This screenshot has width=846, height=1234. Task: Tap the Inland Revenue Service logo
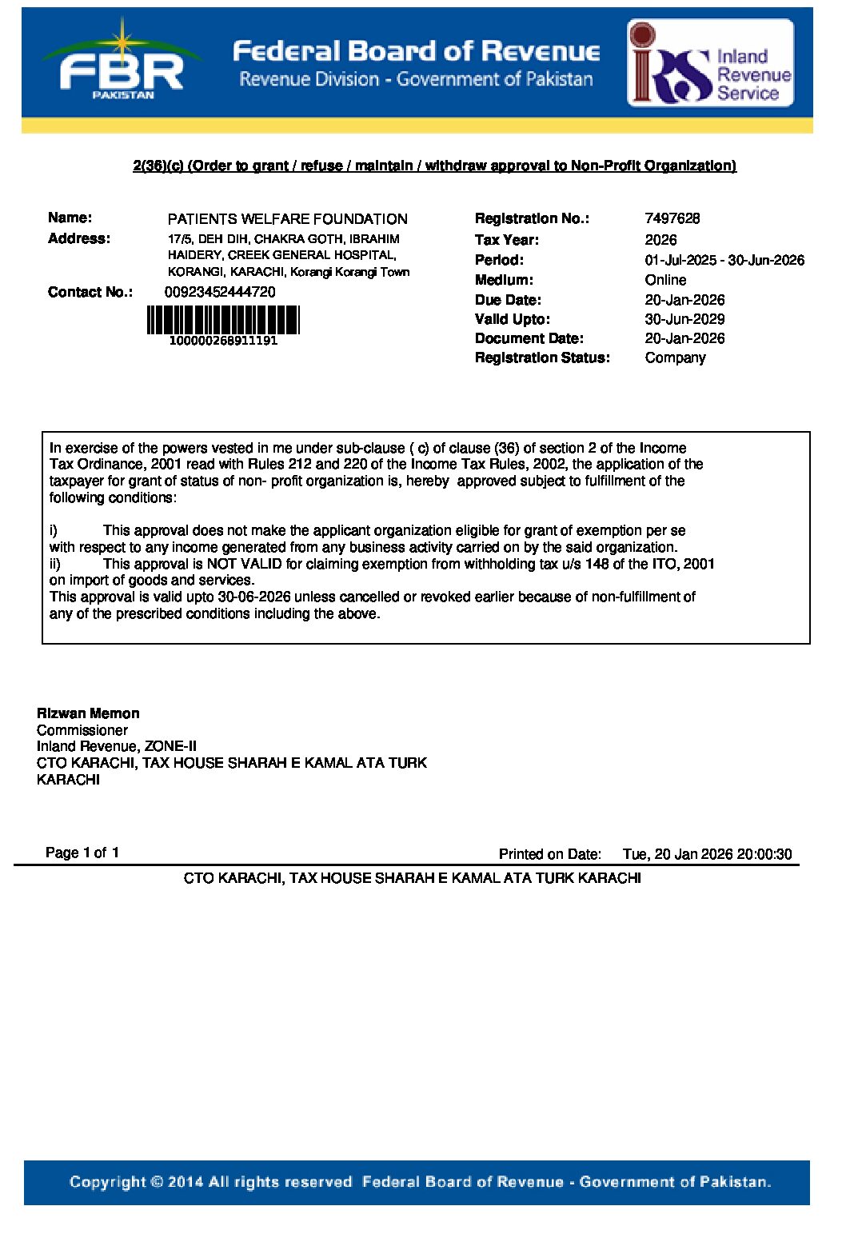pyautogui.click(x=710, y=64)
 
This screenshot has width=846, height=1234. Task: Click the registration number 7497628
pyautogui.click(x=672, y=218)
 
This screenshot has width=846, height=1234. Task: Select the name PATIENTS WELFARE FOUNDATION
pyautogui.click(x=287, y=219)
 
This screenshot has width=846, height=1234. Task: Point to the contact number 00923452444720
pyautogui.click(x=220, y=292)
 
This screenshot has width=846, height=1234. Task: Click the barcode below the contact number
pyautogui.click(x=222, y=320)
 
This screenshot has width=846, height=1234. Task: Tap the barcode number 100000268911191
pyautogui.click(x=223, y=341)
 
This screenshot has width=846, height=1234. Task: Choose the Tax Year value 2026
pyautogui.click(x=660, y=240)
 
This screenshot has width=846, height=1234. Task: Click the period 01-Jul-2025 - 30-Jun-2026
pyautogui.click(x=724, y=260)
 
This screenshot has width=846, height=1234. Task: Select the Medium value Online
pyautogui.click(x=665, y=280)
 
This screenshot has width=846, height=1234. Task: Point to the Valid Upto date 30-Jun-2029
pyautogui.click(x=684, y=319)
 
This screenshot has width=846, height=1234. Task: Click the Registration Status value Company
pyautogui.click(x=675, y=357)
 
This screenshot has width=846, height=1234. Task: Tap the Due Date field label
pyautogui.click(x=508, y=300)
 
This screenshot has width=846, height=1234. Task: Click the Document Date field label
pyautogui.click(x=529, y=338)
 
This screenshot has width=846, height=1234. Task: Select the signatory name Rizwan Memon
pyautogui.click(x=88, y=713)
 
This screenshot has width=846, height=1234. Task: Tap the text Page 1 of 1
pyautogui.click(x=82, y=853)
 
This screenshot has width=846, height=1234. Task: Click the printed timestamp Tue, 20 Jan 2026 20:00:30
pyautogui.click(x=707, y=854)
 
